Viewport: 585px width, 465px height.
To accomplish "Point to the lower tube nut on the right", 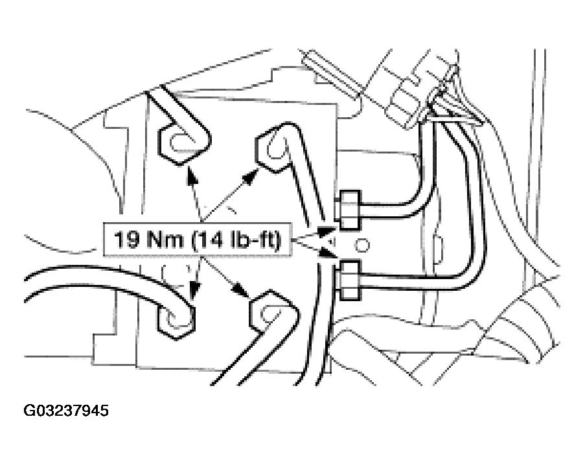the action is coord(349,280).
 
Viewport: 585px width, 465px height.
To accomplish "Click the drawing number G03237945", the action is coord(67,411).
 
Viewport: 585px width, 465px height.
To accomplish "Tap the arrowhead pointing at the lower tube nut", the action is coord(330,260).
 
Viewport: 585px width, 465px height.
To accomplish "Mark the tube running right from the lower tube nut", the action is coord(415,282).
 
